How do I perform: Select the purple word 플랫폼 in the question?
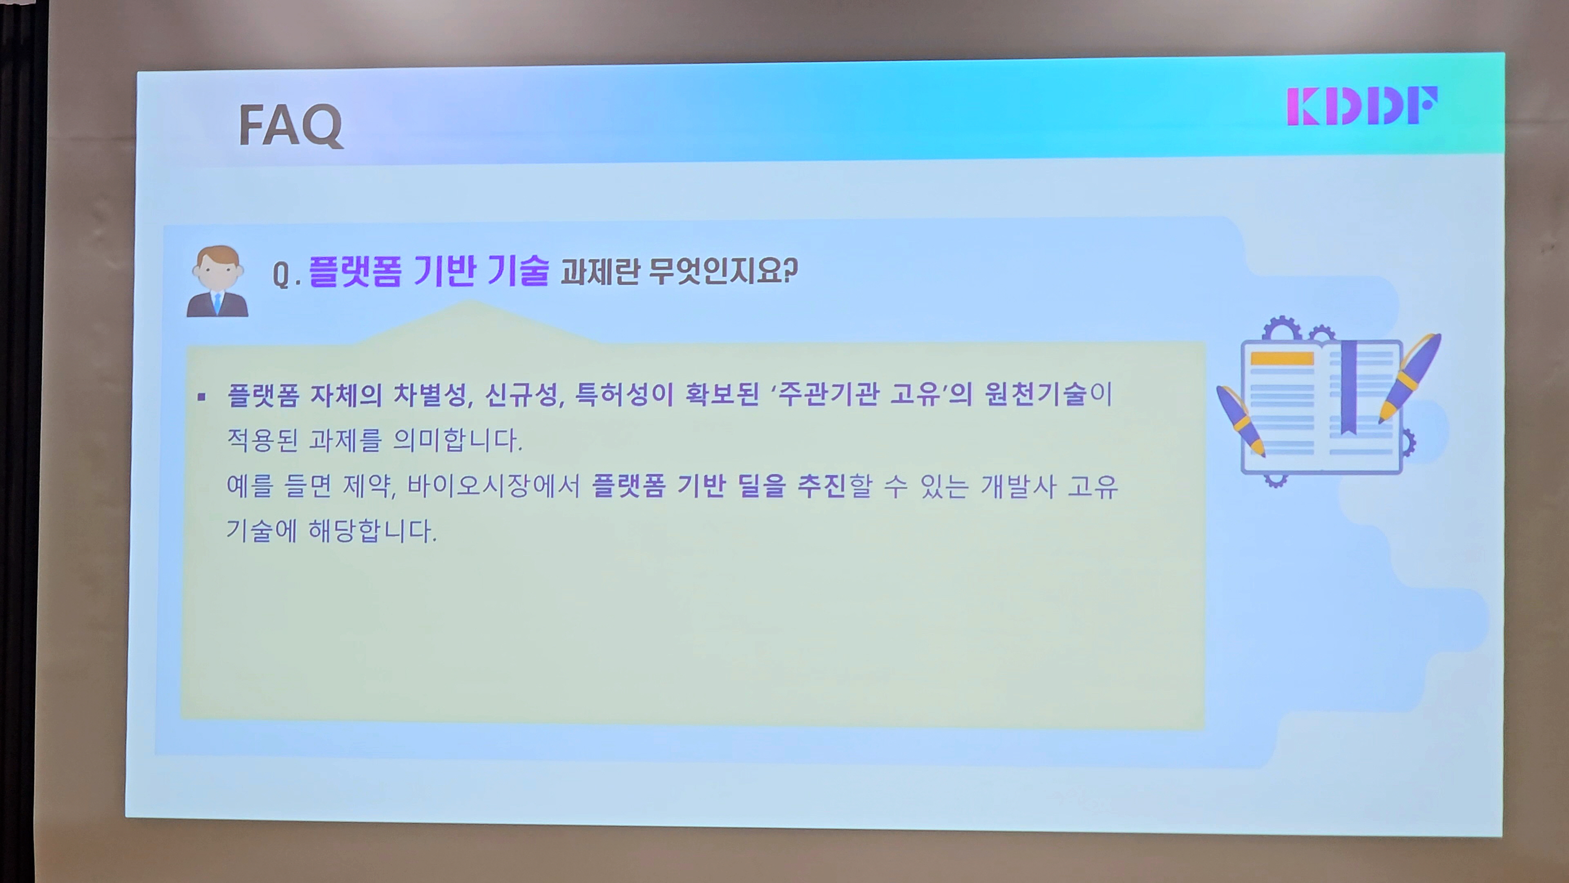[355, 271]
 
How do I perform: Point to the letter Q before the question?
[280, 275]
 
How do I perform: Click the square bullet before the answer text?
[201, 398]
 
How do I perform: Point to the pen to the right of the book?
[1410, 378]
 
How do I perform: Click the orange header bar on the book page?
[1281, 359]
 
